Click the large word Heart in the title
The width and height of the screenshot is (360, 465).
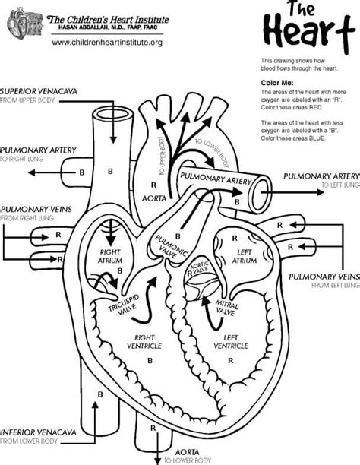[304, 33]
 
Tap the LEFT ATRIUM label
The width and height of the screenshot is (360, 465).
[244, 255]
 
